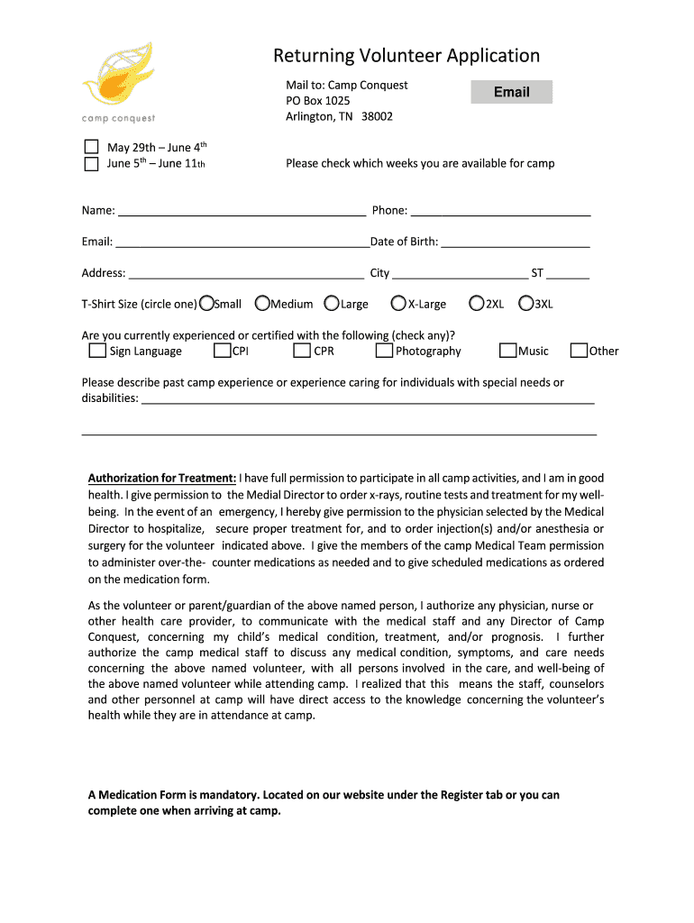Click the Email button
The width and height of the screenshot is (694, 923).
[x=511, y=92]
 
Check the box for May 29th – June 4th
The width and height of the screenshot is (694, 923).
[x=91, y=147]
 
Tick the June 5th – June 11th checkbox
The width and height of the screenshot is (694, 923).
[x=91, y=164]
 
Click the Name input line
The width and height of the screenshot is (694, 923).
[x=242, y=210]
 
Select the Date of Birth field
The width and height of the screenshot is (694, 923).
[x=516, y=242]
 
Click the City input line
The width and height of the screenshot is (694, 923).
[x=460, y=273]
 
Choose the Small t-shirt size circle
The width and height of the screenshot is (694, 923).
[x=207, y=304]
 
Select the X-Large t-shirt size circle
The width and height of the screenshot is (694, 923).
[x=400, y=304]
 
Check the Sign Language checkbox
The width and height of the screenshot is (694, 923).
[x=97, y=351]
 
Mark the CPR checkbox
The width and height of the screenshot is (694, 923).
[x=303, y=351]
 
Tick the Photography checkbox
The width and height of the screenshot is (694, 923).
[x=385, y=351]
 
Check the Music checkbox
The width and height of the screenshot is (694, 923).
[x=508, y=351]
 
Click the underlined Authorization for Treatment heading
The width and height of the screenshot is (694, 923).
[x=162, y=478]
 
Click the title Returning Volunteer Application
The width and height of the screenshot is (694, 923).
[x=406, y=56]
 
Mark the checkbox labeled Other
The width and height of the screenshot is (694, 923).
[x=580, y=351]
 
